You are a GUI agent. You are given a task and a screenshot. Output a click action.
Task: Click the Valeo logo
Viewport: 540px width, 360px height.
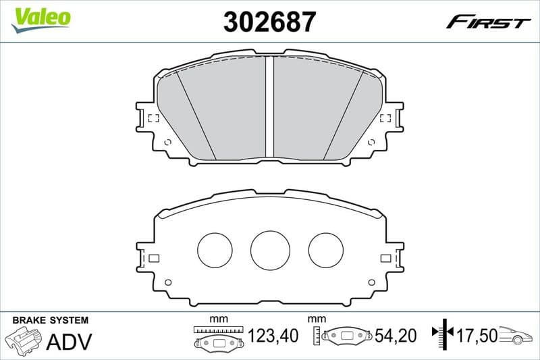tap(40, 18)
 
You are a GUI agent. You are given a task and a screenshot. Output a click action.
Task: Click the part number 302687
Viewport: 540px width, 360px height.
tap(269, 22)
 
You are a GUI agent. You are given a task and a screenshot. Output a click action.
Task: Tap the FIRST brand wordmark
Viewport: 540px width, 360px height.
tap(488, 22)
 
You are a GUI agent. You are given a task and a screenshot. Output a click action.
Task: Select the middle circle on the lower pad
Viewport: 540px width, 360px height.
tap(270, 249)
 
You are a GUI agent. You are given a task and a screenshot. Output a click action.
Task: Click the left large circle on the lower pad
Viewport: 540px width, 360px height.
tap(215, 249)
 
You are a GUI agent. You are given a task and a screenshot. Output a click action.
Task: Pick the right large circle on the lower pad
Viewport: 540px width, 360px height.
tap(326, 249)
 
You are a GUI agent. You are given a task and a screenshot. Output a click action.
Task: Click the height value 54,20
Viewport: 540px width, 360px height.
tap(396, 336)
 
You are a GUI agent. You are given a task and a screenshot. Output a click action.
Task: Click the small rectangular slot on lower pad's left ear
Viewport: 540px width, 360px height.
tap(153, 258)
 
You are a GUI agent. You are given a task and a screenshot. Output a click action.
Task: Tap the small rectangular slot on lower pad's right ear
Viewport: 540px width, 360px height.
tap(386, 258)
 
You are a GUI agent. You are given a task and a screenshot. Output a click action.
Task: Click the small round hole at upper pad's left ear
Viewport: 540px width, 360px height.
tap(168, 142)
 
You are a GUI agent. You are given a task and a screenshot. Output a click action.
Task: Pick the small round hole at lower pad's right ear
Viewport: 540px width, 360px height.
tap(371, 282)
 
